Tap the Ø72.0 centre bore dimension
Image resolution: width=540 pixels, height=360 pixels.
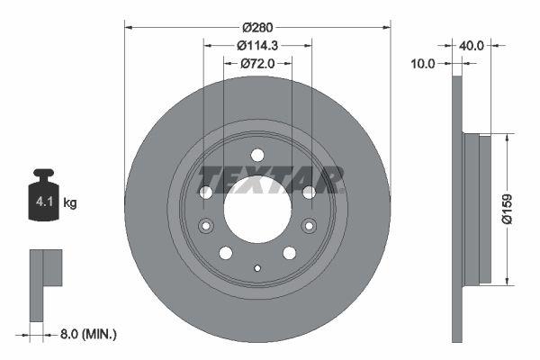pos(257,64)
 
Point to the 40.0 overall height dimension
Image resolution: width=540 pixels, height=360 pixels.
pos(473,44)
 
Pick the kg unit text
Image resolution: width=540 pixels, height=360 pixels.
pos(70,203)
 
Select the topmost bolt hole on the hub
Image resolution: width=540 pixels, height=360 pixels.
pos(256,154)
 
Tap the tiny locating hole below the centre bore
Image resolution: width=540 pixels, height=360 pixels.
pos(256,267)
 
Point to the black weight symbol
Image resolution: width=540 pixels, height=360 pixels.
pos(43,194)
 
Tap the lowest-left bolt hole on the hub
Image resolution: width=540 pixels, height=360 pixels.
pos(226,253)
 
